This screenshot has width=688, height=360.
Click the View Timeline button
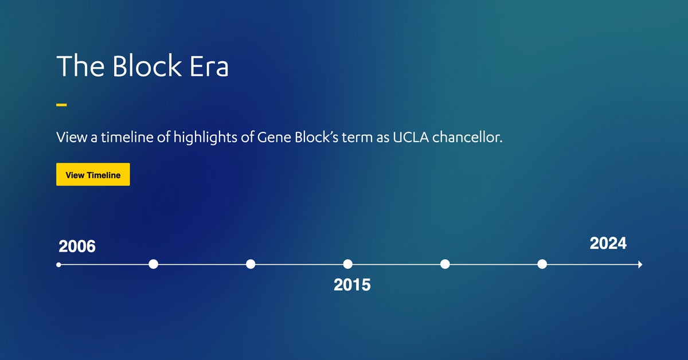(x=93, y=175)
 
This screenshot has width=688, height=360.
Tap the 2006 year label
(x=77, y=247)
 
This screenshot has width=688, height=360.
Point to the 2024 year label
(x=608, y=244)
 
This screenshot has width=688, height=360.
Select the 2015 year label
(x=352, y=285)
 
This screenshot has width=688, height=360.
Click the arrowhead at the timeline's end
(x=639, y=264)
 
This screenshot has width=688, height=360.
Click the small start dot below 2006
(x=58, y=264)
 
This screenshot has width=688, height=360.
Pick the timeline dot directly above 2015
(x=347, y=264)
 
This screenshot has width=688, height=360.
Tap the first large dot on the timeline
(x=153, y=264)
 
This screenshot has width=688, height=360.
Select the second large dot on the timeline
(x=251, y=264)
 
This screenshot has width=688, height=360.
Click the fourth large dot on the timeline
(x=445, y=264)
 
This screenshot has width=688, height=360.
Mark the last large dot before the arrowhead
(x=542, y=264)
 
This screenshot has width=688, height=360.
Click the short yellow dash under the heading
(x=61, y=105)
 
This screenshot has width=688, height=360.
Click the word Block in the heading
(x=146, y=66)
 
